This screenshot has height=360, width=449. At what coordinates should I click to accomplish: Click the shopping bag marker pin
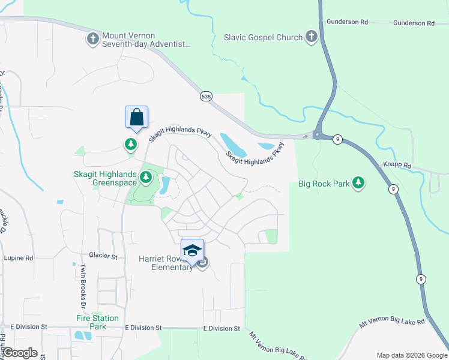click(136, 117)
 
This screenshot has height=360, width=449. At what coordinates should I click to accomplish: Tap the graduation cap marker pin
click(193, 250)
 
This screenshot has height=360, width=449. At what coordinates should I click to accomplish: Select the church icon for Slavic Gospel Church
click(311, 37)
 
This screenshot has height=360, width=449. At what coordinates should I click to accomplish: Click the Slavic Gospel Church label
click(264, 38)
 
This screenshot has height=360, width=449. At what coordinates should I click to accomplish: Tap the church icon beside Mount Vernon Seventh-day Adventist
click(92, 40)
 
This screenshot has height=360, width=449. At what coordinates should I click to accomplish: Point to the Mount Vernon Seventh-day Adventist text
click(146, 40)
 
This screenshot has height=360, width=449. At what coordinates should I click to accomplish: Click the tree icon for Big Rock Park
click(358, 182)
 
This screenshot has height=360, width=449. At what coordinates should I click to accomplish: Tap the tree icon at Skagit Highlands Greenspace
click(145, 176)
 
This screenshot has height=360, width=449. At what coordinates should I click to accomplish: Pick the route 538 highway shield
click(206, 97)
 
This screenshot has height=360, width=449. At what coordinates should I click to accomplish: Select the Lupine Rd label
click(19, 257)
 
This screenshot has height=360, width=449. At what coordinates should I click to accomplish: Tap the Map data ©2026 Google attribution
click(411, 355)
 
